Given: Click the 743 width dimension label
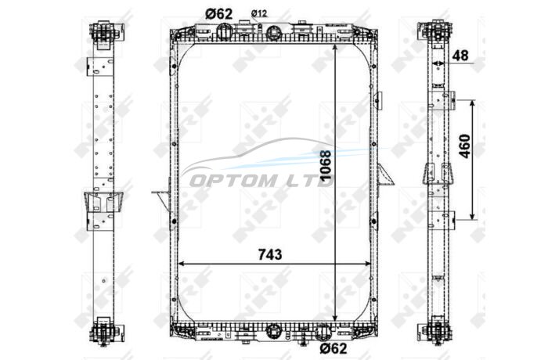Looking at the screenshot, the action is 270,254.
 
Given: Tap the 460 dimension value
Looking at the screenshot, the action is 465,146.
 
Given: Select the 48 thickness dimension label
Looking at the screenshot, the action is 460,56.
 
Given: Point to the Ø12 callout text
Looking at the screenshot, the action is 259,13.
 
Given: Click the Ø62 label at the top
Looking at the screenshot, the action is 218,14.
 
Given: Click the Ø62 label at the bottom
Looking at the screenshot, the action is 333,348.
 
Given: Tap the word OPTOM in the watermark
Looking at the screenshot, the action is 233,181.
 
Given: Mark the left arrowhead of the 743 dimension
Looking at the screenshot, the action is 181,264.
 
